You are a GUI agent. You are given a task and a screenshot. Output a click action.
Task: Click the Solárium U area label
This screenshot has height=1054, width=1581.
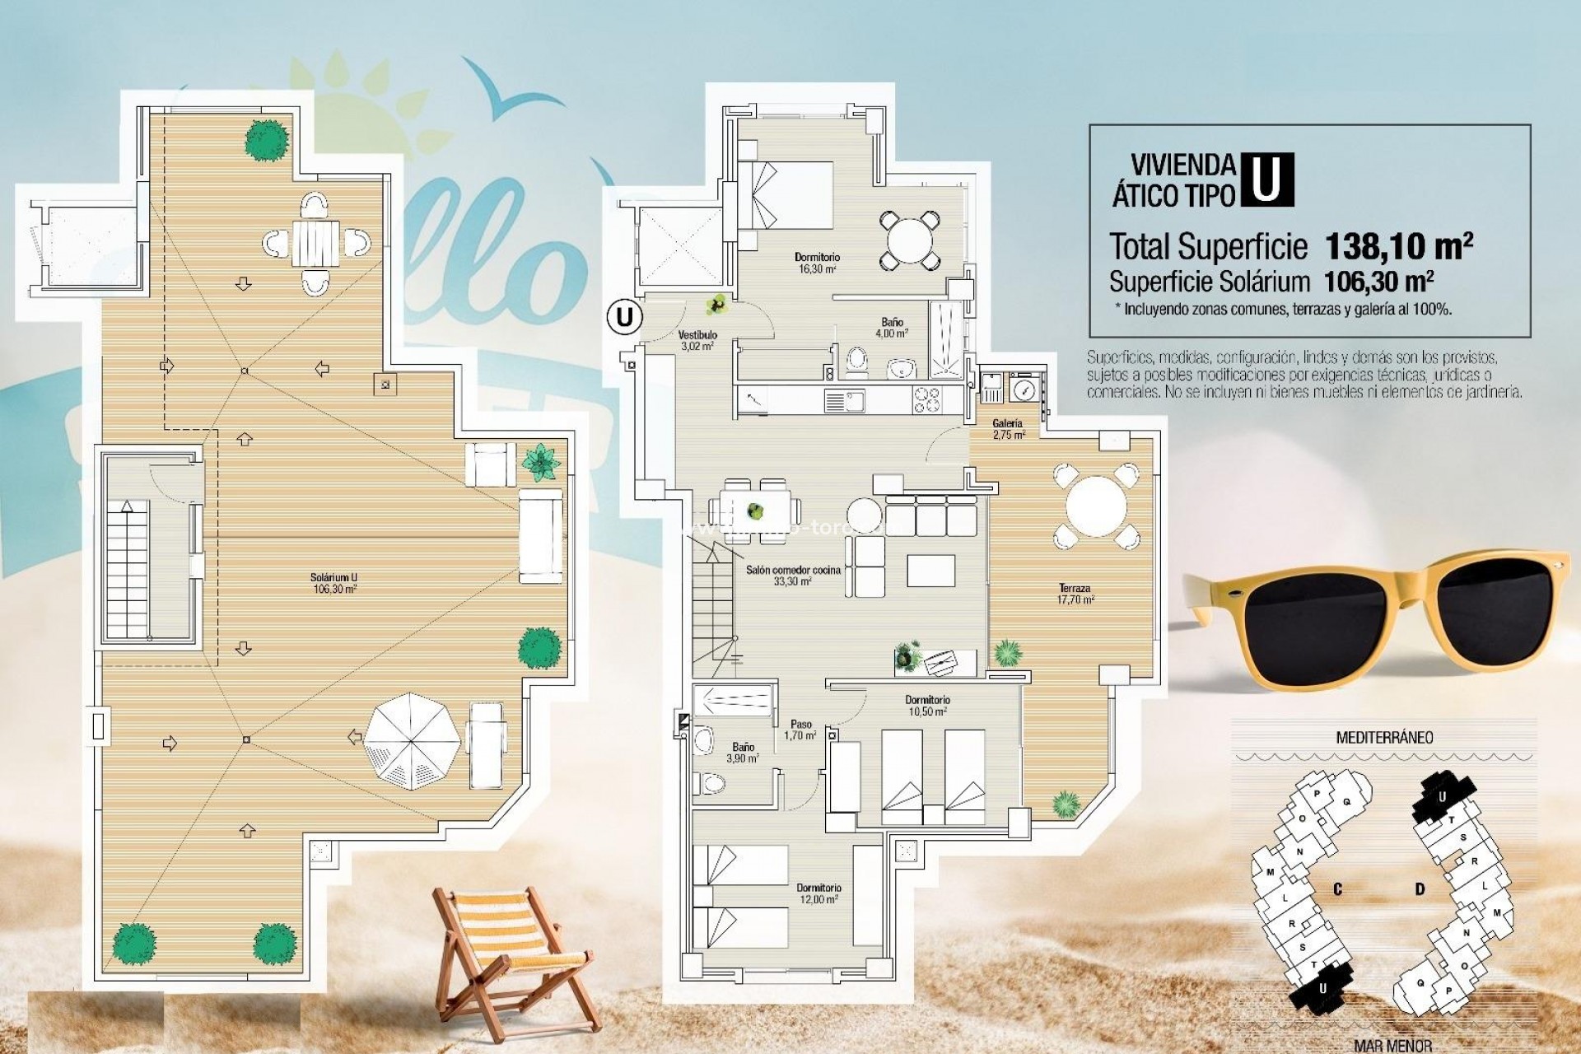pyautogui.click(x=334, y=583)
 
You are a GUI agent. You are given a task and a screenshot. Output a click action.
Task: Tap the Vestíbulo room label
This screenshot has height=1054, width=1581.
pyautogui.click(x=697, y=340)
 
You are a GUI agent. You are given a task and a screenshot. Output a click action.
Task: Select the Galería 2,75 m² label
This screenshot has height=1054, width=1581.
pyautogui.click(x=1008, y=428)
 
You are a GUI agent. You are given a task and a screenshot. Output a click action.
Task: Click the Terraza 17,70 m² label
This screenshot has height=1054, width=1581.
pyautogui.click(x=1075, y=594)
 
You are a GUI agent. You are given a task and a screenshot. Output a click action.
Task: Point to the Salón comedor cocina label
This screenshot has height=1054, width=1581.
pyautogui.click(x=793, y=575)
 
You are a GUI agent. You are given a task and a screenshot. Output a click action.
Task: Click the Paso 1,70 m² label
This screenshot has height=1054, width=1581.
pyautogui.click(x=800, y=730)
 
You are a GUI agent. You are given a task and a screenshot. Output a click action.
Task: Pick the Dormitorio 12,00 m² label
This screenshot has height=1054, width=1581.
pyautogui.click(x=818, y=893)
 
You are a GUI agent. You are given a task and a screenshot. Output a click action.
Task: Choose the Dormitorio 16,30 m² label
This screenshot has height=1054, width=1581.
pyautogui.click(x=817, y=263)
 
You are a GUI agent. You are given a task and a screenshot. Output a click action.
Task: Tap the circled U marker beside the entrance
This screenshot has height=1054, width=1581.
pyautogui.click(x=625, y=317)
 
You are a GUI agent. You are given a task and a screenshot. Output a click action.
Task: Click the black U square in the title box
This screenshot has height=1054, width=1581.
pyautogui.click(x=1266, y=180)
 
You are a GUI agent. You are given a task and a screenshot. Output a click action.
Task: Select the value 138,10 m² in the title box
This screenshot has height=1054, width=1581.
pyautogui.click(x=1398, y=245)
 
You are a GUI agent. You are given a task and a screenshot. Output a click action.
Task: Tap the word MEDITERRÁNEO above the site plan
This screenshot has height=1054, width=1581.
pyautogui.click(x=1383, y=737)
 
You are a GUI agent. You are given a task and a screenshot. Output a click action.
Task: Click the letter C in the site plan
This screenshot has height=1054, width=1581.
pyautogui.click(x=1338, y=889)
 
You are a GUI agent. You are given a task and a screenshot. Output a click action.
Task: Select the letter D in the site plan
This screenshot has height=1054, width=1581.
pyautogui.click(x=1420, y=889)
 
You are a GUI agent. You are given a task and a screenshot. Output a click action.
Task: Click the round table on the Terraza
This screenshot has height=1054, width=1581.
pyautogui.click(x=1095, y=507)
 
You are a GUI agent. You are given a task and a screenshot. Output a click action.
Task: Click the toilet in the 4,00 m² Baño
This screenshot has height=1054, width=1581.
pyautogui.click(x=857, y=361)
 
